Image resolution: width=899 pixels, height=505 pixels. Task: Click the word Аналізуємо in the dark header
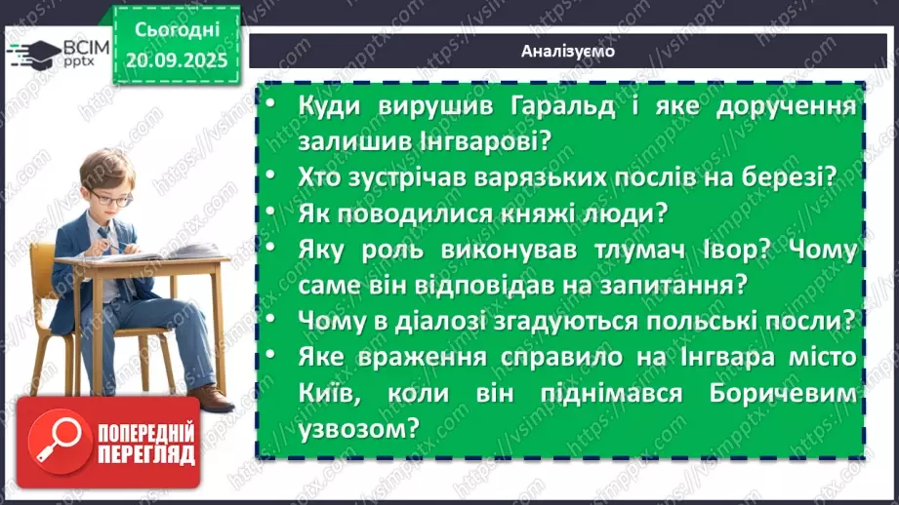[567, 52]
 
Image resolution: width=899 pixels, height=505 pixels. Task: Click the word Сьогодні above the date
[176, 29]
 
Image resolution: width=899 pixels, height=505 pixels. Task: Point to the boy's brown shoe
[210, 397]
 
